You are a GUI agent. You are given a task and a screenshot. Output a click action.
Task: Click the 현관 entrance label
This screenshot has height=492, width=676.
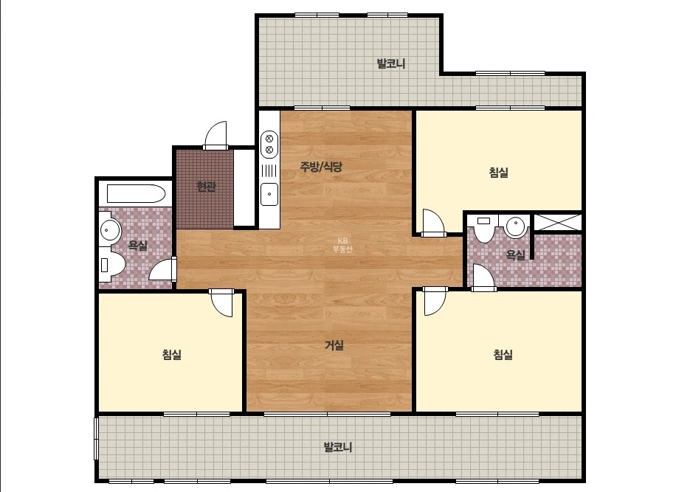206,187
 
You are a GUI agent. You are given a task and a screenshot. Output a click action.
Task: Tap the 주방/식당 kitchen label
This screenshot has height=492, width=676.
321,167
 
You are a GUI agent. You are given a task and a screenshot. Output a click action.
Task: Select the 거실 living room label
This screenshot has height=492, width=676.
334,345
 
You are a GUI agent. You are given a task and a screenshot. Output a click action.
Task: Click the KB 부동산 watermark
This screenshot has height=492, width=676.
342,245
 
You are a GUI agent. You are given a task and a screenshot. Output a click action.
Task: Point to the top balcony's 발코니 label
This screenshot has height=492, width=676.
391,63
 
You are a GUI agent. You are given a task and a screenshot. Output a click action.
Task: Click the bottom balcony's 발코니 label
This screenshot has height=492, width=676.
338,447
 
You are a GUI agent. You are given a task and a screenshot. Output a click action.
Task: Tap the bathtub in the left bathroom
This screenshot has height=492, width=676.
136,194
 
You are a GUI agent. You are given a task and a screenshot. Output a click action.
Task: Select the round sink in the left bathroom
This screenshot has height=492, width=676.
110,230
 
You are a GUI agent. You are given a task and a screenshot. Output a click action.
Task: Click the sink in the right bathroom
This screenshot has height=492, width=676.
516,226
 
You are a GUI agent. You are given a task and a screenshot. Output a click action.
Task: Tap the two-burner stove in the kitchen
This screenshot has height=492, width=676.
269,145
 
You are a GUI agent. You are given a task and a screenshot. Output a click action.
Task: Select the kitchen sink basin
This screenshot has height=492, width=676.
269,194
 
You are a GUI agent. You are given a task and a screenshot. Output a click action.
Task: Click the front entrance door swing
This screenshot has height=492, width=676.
215,135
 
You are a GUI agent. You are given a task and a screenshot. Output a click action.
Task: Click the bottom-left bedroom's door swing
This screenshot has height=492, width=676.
221,303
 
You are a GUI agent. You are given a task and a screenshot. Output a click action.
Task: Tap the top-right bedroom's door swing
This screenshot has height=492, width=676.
433,223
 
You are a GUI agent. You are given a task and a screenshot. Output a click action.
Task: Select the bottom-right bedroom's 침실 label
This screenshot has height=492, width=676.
503,355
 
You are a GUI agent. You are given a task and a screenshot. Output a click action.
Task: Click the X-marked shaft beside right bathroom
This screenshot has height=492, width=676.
558,222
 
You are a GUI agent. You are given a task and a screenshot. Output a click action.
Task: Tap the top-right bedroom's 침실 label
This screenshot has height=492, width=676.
499,173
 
